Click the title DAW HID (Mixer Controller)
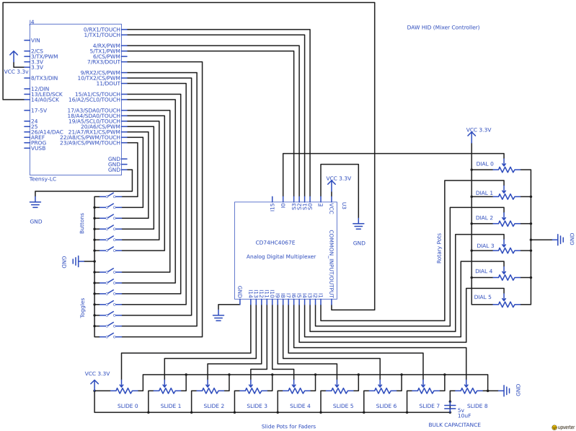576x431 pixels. coord(443,27)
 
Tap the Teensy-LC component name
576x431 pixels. coord(43,178)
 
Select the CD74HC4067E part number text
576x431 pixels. coord(275,243)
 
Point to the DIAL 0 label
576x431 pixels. coord(484,164)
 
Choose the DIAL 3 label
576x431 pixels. coord(485,246)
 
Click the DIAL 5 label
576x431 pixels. coord(483,297)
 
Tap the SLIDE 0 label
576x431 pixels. coord(127,406)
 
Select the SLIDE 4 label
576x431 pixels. coord(299,406)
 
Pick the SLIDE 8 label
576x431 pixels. coord(477,406)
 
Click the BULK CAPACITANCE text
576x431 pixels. coord(454,425)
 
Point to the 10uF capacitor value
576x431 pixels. coord(464,416)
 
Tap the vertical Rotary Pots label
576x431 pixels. coord(439,248)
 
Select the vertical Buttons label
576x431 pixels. coord(82,223)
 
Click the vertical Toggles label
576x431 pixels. coord(82,308)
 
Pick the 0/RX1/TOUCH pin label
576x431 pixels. coord(102,30)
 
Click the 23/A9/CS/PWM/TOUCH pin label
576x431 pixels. coord(89,143)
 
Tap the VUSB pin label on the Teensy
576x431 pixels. coord(38,148)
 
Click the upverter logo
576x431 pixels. coord(562,427)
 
